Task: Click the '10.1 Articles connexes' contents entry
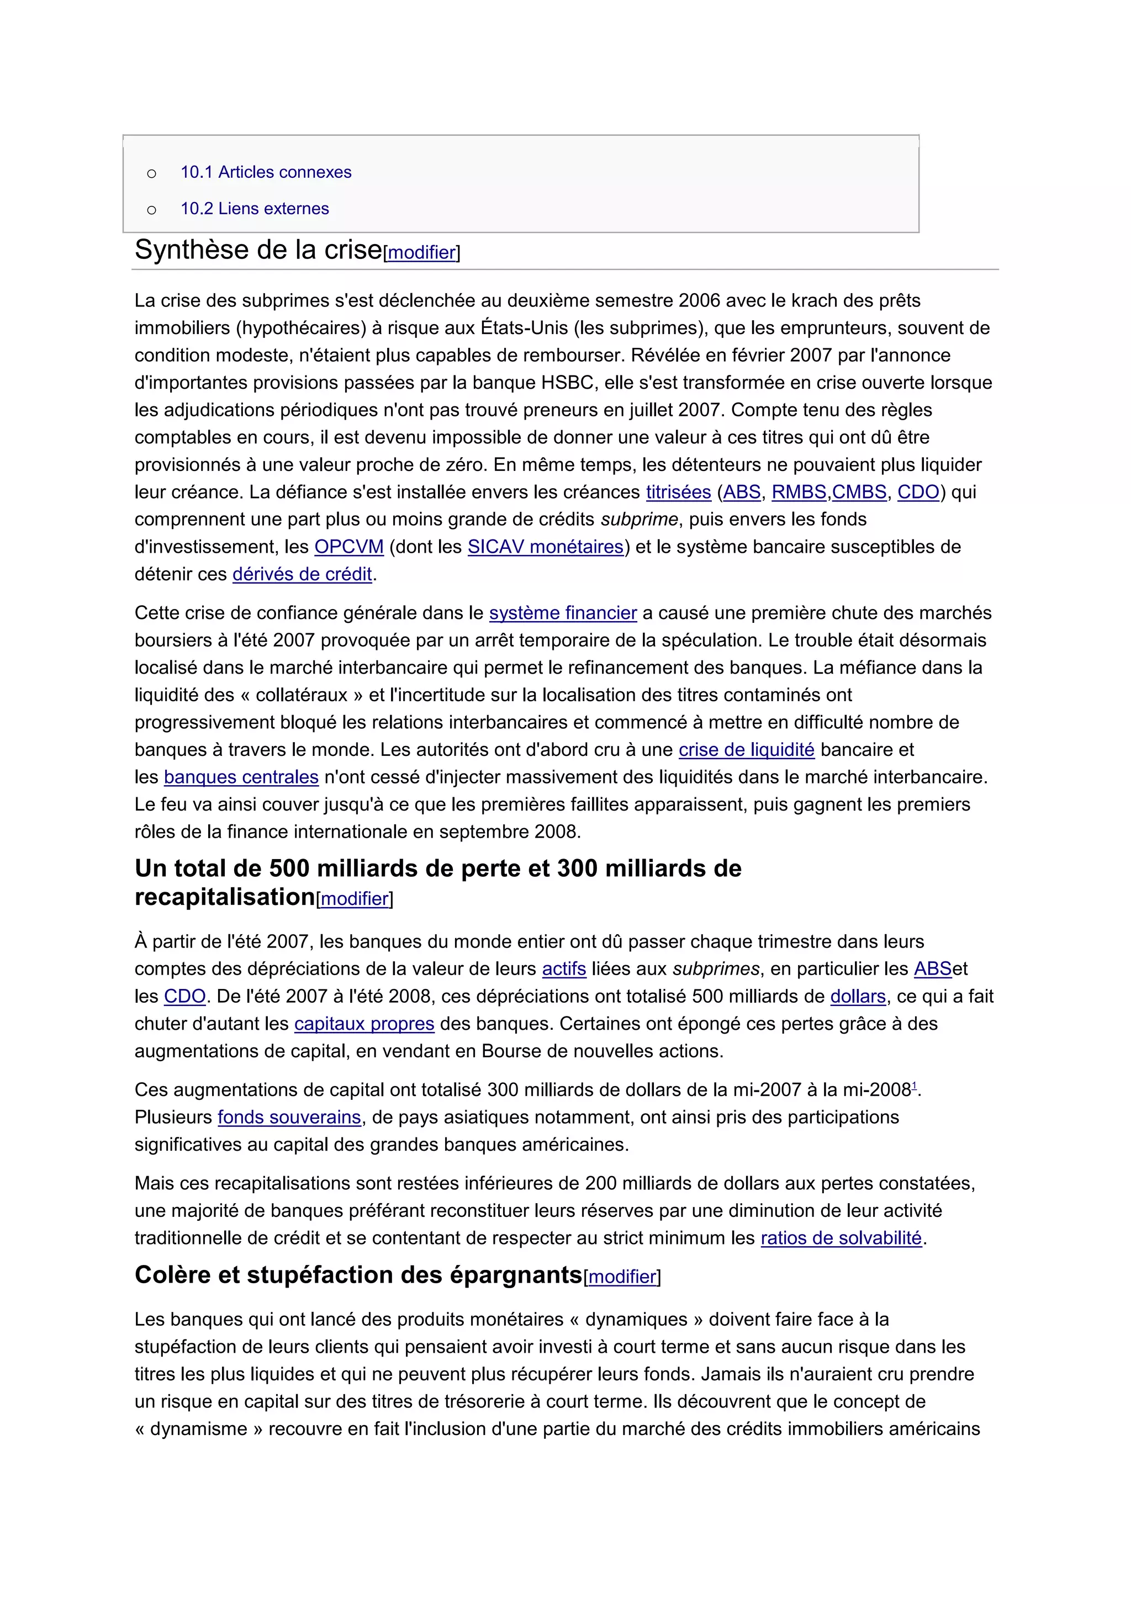click(266, 172)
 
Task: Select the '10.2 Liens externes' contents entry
click(255, 208)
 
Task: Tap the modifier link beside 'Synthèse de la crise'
click(421, 253)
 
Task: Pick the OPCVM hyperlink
click(349, 547)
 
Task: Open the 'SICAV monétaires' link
click(545, 547)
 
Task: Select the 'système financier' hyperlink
click(563, 613)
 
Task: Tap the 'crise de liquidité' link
click(747, 749)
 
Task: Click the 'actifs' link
click(564, 969)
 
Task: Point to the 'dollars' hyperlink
click(858, 996)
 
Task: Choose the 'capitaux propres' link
click(364, 1024)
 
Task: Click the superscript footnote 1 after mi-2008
click(915, 1085)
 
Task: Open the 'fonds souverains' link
click(289, 1117)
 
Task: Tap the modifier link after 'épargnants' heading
click(622, 1277)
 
